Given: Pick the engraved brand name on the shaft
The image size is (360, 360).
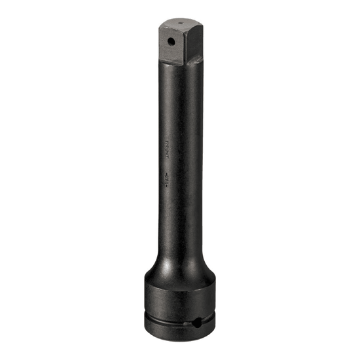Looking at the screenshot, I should [166, 141].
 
